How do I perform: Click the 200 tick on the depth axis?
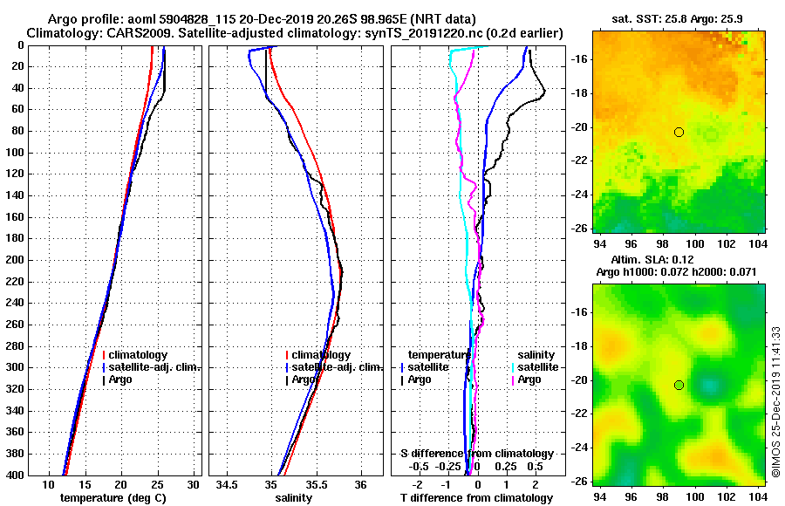pos(17,260)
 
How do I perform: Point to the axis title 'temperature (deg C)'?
pos(113,498)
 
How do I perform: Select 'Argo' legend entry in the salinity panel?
pos(305,379)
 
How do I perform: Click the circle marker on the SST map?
pos(679,132)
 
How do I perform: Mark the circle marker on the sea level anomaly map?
pos(679,385)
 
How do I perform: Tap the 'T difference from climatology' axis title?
pos(477,498)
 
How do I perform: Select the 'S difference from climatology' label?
pos(477,454)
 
